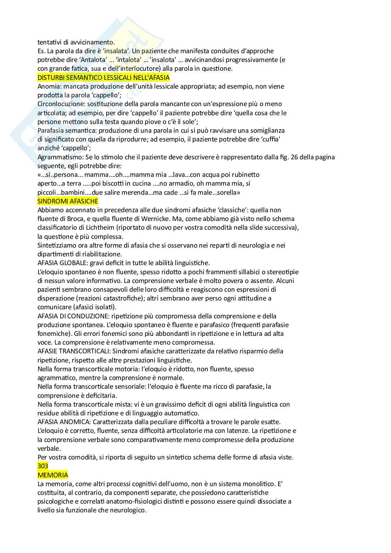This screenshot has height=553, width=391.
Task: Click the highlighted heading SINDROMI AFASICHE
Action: click(68, 201)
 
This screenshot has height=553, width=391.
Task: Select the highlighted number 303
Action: click(43, 466)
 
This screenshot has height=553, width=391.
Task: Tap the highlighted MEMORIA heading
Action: click(53, 475)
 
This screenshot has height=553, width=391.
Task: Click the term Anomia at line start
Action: click(48, 87)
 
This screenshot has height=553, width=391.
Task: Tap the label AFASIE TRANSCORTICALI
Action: click(75, 351)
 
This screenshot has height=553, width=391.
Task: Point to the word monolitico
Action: click(255, 484)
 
